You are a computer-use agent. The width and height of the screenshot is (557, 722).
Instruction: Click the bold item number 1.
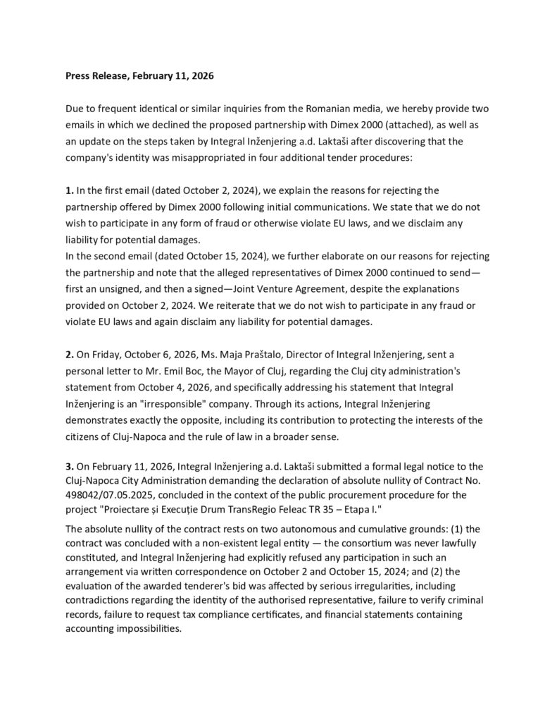(x=69, y=190)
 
